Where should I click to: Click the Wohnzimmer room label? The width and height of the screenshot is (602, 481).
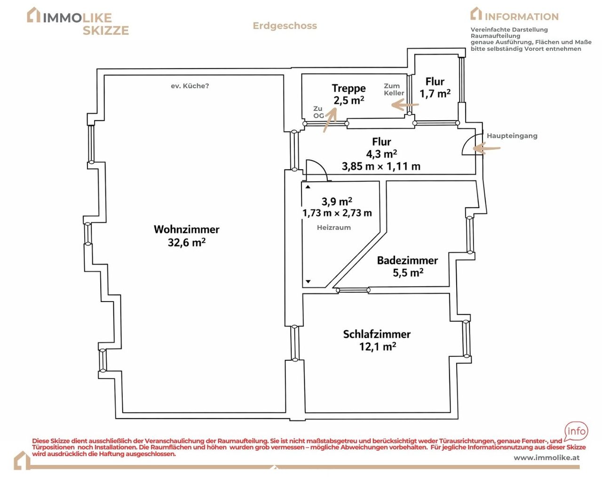(187, 229)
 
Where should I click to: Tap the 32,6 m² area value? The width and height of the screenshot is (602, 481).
(187, 242)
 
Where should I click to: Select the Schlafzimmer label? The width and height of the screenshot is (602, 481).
(377, 334)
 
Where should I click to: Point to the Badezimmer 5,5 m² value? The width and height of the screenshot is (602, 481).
(408, 272)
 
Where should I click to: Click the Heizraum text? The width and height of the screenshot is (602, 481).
(334, 227)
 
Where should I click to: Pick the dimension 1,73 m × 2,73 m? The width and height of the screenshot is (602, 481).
(337, 213)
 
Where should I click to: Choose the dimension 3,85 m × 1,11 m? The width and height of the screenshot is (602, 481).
(381, 166)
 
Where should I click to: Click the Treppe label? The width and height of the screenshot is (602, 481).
(349, 88)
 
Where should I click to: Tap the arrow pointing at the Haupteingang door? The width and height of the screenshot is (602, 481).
(486, 148)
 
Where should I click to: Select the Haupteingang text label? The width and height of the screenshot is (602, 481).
(512, 136)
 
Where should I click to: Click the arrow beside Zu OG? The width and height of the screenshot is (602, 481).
(330, 120)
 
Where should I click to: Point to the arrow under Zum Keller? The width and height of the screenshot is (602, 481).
(405, 105)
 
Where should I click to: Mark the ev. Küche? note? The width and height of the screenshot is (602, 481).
(190, 86)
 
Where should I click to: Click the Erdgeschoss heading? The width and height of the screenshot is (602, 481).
(285, 26)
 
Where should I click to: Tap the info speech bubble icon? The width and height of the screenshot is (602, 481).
(576, 431)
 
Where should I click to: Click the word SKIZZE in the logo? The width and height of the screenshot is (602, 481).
(106, 31)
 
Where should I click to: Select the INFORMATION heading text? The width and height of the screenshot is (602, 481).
(522, 17)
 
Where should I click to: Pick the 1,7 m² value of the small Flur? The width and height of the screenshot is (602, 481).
(435, 93)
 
